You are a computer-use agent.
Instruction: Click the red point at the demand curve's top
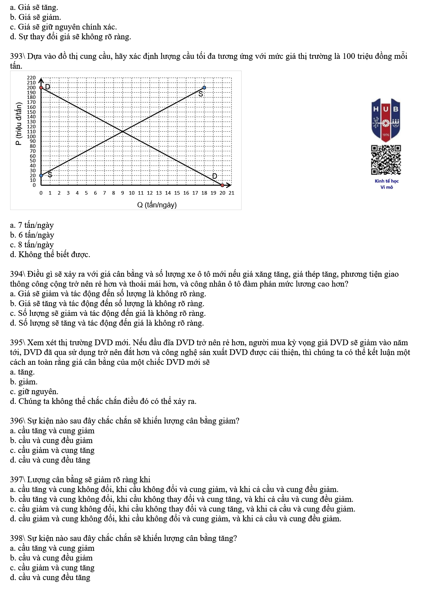(x=41, y=87)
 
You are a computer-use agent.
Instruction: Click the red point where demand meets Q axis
(x=222, y=185)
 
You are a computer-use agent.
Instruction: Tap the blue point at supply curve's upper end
(x=204, y=87)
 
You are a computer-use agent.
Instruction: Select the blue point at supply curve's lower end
(x=41, y=175)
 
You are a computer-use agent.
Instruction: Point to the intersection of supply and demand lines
(x=123, y=132)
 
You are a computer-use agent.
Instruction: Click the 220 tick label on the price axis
(x=32, y=78)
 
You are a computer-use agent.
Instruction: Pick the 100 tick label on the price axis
(x=32, y=136)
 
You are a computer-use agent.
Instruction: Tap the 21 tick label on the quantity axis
(x=231, y=193)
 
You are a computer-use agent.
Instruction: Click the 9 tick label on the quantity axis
(x=123, y=193)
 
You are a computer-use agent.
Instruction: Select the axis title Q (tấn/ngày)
(x=157, y=205)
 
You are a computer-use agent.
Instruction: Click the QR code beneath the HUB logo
(x=386, y=160)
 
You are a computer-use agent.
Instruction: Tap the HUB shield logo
(x=386, y=120)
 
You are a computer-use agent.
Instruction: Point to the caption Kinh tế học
(x=387, y=181)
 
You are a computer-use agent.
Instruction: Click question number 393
(x=16, y=56)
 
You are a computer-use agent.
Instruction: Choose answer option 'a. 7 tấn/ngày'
(x=32, y=225)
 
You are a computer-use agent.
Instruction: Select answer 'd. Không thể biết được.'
(x=50, y=255)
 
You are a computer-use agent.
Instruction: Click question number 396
(x=16, y=421)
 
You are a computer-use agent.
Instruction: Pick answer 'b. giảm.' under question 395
(x=24, y=382)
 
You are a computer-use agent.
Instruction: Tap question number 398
(x=16, y=539)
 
